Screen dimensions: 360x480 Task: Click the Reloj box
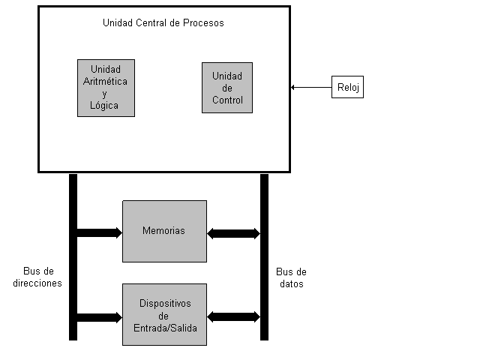coord(347,88)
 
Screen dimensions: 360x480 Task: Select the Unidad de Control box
coord(227,88)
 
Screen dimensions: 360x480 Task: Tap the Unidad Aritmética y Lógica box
coord(106,88)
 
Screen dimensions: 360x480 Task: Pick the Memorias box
coord(164,231)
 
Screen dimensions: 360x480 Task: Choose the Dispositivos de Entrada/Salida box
coord(164,314)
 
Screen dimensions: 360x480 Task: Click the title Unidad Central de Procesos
coord(163,22)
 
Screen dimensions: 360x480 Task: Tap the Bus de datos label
coord(291,278)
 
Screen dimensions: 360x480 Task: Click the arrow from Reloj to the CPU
coord(311,88)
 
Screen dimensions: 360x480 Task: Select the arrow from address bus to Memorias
coord(100,232)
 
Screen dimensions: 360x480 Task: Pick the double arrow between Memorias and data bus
coord(233,233)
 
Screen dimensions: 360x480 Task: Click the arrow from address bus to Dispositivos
coord(100,316)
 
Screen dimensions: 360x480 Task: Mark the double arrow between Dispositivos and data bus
coord(233,316)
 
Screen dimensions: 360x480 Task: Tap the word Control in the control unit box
coord(227,100)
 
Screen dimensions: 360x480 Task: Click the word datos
coord(291,284)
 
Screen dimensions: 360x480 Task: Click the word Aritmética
coord(106,81)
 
